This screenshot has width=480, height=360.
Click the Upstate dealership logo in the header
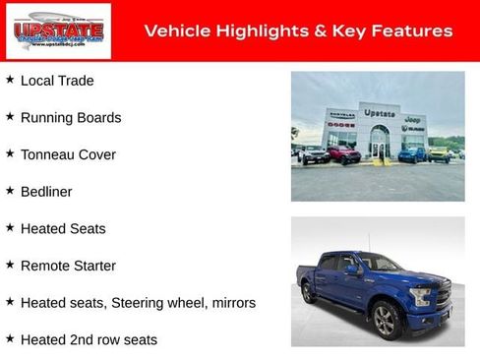point(58,31)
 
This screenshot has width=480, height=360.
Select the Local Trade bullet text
point(57,81)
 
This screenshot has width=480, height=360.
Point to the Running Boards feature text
point(71,118)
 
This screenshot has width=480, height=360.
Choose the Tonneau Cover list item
point(68,154)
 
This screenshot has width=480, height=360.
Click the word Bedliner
point(46,192)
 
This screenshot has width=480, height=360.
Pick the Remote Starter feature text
point(68,266)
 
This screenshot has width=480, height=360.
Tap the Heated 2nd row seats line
point(89,340)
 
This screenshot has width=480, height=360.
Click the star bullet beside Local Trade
point(10,80)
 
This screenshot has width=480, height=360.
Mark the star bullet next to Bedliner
point(10,191)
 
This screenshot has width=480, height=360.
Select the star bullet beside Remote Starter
point(10,265)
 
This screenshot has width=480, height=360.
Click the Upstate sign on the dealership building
point(380,113)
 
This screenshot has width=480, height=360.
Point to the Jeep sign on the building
point(413,119)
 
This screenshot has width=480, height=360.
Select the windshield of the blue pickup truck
point(380,264)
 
